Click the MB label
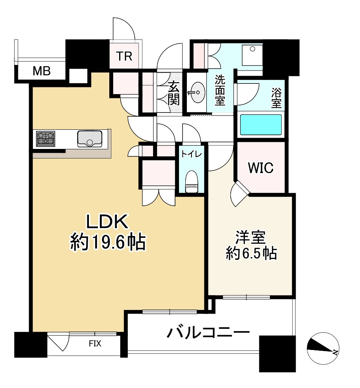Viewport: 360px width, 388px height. (41, 71)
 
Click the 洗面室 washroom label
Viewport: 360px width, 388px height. (220, 90)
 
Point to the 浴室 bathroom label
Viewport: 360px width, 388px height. (276, 98)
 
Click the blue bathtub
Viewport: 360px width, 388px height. (261, 125)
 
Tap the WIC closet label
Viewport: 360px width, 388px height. (261, 168)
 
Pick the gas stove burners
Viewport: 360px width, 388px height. (46, 139)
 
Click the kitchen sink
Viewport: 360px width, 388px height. (90, 139)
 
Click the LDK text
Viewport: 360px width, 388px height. (107, 223)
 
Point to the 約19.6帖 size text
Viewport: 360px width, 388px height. (108, 243)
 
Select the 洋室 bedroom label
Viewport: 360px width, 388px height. (251, 238)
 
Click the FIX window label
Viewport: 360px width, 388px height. (95, 344)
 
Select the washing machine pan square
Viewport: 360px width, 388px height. (252, 56)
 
